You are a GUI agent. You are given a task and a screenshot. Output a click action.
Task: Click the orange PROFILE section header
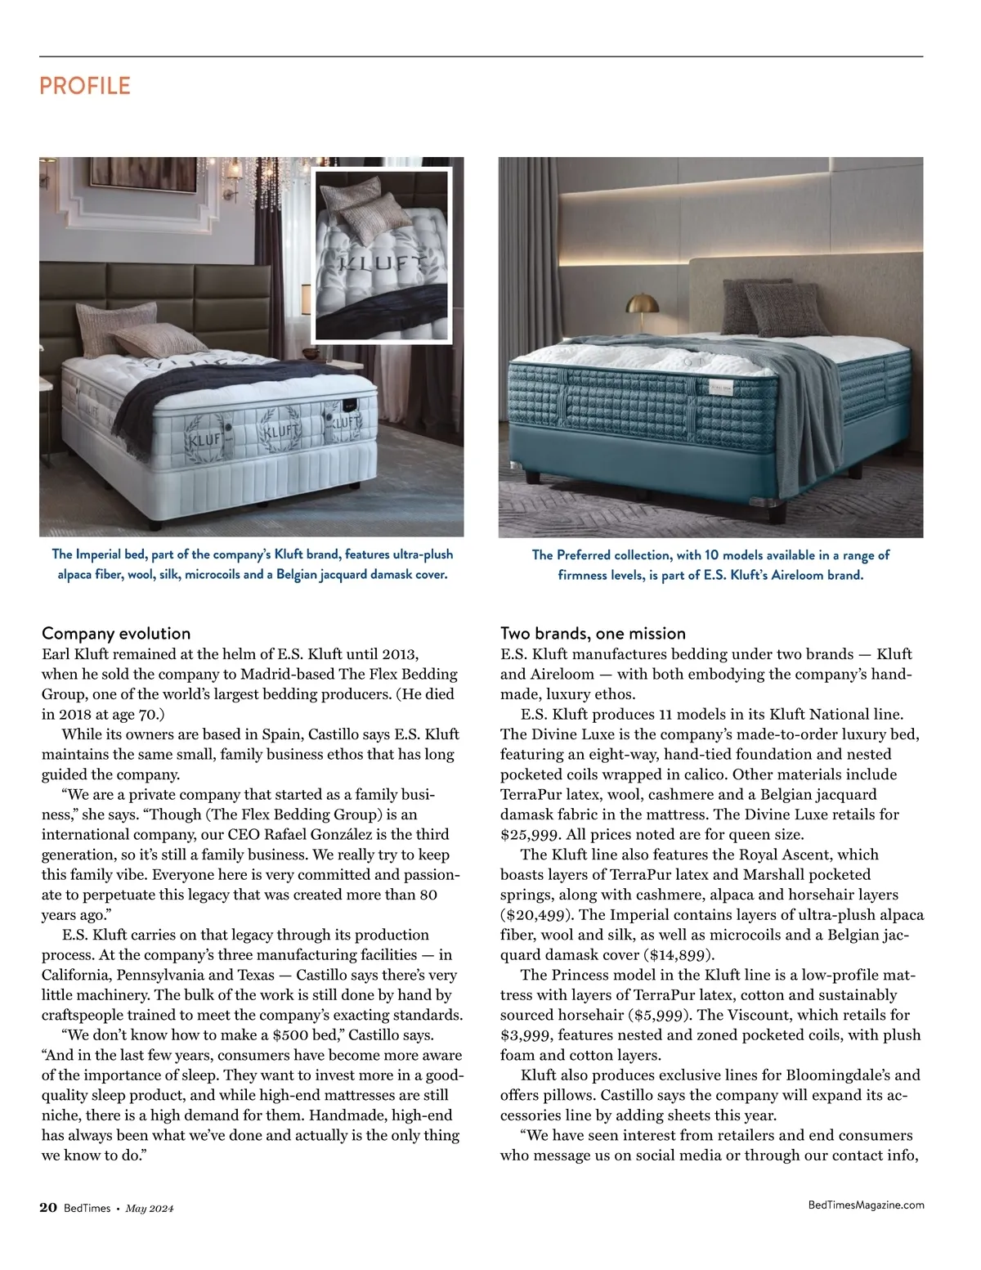point(85,86)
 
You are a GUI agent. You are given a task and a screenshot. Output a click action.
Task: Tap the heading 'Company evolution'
point(116,634)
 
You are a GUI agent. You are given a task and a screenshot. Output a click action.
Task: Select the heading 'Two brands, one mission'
point(593,634)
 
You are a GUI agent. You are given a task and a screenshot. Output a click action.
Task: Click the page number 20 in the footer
point(48,1209)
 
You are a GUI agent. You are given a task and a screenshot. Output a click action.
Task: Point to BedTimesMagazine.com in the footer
point(866,1205)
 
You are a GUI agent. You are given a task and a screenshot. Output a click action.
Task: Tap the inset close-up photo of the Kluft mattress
point(382,255)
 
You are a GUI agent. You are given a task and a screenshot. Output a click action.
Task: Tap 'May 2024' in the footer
point(150,1209)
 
